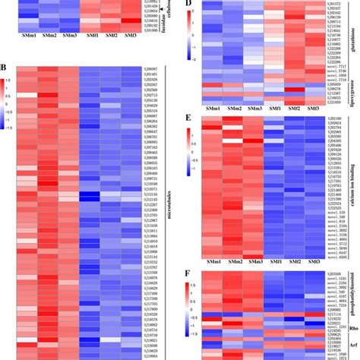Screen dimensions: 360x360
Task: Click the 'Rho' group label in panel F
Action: click(352, 328)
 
